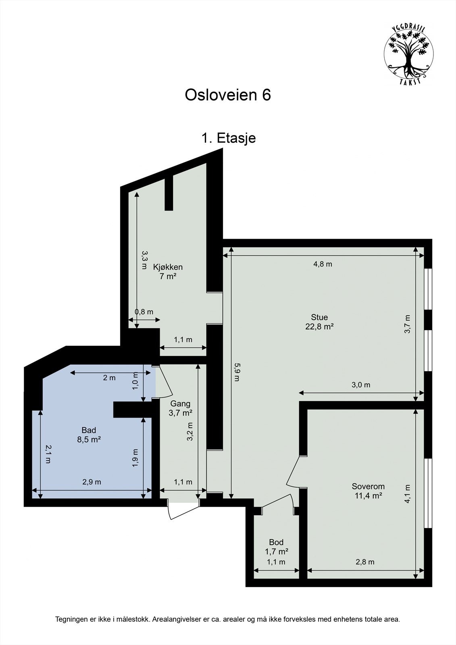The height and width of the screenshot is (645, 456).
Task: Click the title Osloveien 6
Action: [228, 95]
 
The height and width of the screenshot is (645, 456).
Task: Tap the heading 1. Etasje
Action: [228, 138]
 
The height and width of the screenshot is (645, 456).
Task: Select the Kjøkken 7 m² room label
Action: [168, 271]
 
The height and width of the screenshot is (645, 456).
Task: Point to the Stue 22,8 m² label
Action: [319, 322]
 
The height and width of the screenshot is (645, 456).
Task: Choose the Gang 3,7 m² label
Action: [180, 408]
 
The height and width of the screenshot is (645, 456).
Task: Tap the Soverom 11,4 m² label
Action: [368, 491]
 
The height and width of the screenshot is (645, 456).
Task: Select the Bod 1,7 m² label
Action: [276, 547]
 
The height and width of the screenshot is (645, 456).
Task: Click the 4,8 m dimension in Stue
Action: [323, 264]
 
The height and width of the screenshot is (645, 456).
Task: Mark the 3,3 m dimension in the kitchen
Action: [144, 260]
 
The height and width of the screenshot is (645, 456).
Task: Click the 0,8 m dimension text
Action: [144, 312]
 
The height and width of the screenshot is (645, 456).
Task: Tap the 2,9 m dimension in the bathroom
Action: [92, 482]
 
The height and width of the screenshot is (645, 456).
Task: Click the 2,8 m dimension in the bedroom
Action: [365, 562]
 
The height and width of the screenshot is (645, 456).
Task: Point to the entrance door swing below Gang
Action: [182, 510]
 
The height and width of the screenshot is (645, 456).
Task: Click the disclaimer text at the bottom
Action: [228, 619]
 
